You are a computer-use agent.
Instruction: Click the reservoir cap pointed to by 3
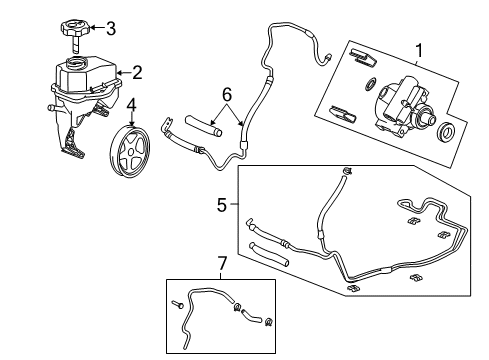click(x=75, y=28)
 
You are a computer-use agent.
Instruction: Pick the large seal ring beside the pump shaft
click(x=447, y=133)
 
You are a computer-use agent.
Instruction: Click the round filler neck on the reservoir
click(x=76, y=67)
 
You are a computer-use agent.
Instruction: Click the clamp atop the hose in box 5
click(x=345, y=176)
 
